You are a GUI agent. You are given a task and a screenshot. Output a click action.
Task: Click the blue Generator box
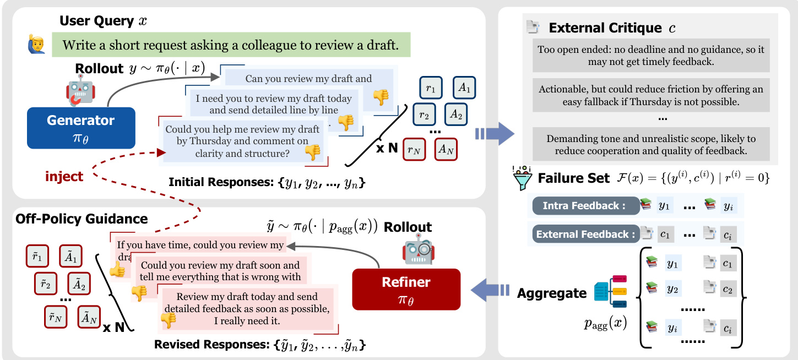click(81, 128)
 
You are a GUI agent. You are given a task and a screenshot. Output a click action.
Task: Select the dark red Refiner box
click(406, 289)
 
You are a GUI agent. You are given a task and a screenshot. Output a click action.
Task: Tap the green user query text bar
click(231, 45)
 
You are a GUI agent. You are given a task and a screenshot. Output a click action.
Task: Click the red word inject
click(64, 177)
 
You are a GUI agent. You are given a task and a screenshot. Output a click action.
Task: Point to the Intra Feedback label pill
click(584, 206)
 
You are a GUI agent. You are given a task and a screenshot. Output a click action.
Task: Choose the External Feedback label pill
click(584, 234)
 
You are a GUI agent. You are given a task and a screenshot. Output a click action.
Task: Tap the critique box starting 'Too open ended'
click(651, 56)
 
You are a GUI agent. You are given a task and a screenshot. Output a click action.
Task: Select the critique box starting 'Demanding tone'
click(651, 144)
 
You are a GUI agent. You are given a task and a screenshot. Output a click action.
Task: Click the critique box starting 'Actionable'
click(651, 95)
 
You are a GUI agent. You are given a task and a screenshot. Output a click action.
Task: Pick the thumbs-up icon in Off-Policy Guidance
click(117, 269)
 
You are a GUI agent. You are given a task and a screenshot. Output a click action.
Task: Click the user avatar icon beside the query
click(36, 45)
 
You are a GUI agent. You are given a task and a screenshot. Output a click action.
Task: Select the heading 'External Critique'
click(605, 28)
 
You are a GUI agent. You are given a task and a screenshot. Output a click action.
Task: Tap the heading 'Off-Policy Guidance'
click(82, 219)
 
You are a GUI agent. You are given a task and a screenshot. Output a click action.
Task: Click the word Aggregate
click(552, 293)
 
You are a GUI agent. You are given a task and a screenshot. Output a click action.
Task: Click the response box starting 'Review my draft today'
click(247, 308)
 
